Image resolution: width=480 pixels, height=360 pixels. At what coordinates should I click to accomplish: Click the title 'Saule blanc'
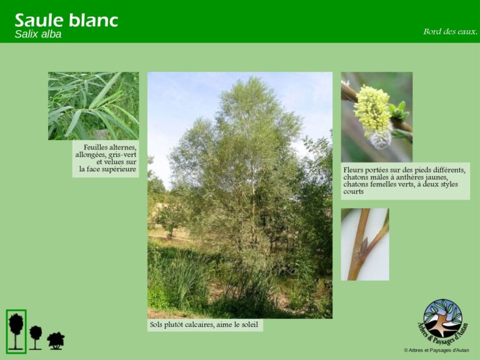(66, 20)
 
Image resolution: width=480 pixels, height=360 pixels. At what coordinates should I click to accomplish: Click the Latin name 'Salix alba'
(38, 34)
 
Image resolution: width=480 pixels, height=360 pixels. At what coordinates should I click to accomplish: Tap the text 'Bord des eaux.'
(450, 31)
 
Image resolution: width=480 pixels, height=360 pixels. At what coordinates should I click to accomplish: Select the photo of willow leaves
(93, 106)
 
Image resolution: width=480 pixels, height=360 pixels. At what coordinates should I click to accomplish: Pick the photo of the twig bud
(364, 244)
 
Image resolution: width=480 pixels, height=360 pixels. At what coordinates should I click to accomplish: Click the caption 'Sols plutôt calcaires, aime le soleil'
(204, 325)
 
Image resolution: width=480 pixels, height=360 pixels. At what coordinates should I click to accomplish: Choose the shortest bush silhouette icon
(56, 341)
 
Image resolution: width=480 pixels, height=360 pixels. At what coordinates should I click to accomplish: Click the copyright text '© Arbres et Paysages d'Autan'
(436, 351)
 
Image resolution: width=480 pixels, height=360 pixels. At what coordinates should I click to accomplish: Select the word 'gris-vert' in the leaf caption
(122, 154)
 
